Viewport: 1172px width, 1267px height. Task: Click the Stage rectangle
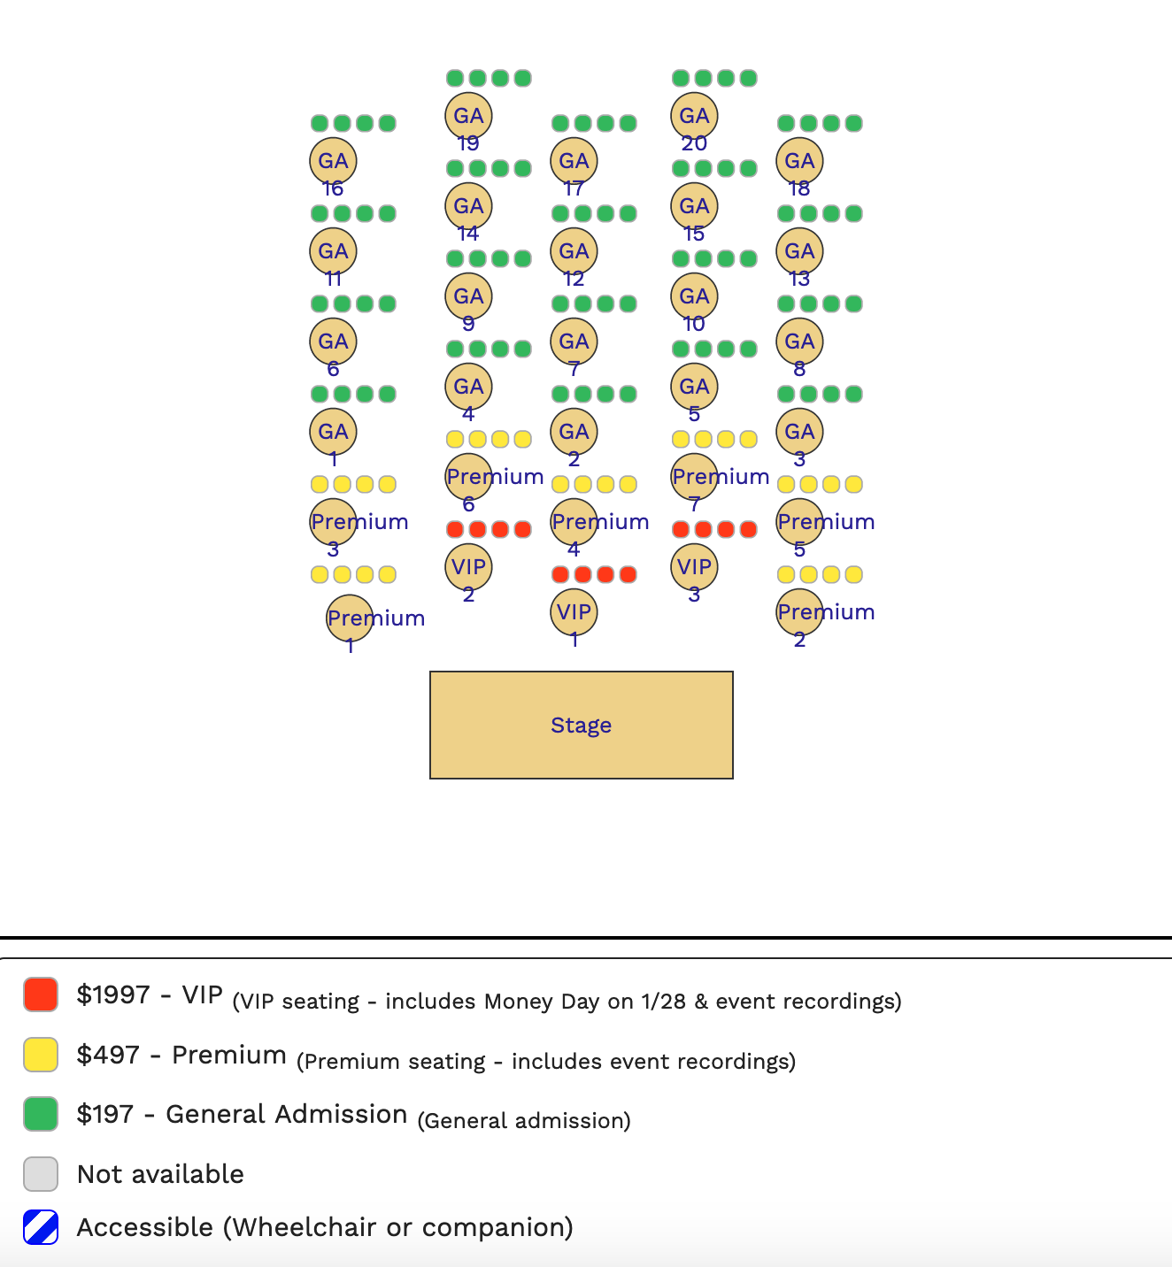581,725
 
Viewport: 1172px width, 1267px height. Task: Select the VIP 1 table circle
574,612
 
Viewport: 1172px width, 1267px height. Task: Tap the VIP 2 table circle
468,567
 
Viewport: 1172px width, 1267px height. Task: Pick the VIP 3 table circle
694,567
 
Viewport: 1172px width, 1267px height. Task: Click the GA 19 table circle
468,116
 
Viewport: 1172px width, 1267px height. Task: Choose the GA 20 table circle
694,116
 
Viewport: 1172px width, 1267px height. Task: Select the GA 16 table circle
333,161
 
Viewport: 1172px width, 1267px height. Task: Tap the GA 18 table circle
799,161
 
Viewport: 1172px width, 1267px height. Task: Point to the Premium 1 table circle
350,618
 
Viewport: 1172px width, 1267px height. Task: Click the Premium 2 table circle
799,612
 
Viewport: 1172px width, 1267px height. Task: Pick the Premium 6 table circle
468,477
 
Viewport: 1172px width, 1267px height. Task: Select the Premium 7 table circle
694,477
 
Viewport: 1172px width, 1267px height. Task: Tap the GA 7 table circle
574,342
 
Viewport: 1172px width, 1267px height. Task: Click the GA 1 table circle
333,432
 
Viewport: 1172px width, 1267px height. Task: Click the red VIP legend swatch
41,994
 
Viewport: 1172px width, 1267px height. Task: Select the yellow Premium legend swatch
41,1055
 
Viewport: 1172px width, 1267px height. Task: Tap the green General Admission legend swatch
41,1114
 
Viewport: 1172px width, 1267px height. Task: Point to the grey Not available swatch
41,1174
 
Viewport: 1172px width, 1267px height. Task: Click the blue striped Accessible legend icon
41,1227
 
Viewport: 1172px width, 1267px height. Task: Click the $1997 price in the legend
113,995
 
